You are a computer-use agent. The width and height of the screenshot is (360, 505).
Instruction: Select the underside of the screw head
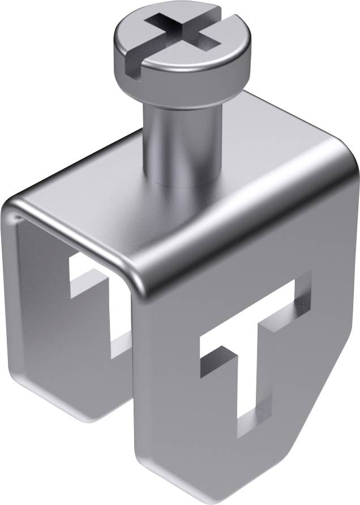[x=181, y=90]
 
